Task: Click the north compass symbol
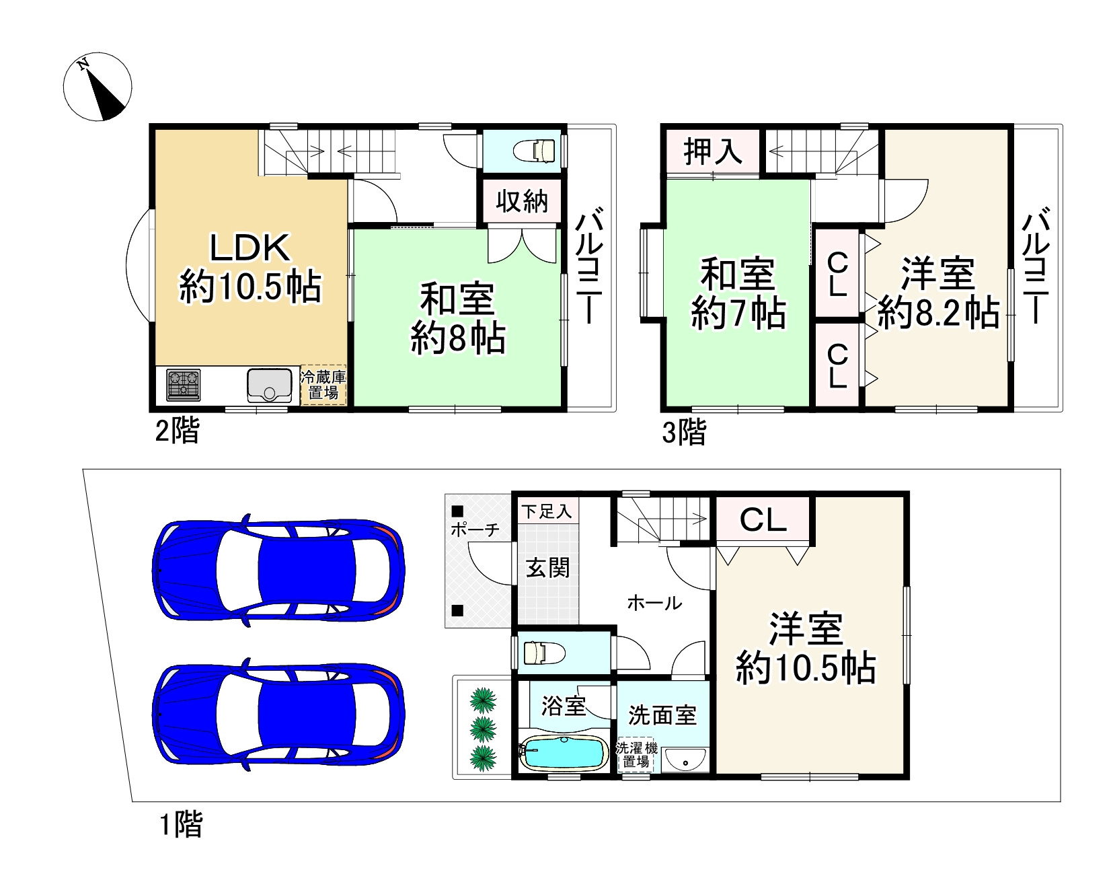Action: click(x=98, y=87)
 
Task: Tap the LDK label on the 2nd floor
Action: click(x=250, y=248)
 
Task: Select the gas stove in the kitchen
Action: click(x=184, y=385)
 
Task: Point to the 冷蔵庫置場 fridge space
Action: click(x=323, y=385)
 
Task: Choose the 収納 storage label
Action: click(x=522, y=201)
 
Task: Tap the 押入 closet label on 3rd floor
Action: click(x=713, y=152)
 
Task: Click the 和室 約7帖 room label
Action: click(x=738, y=293)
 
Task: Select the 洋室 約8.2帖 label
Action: click(x=938, y=293)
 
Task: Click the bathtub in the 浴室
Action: click(x=563, y=754)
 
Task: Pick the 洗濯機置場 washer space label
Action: click(x=636, y=755)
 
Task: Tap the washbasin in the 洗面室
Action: click(x=685, y=760)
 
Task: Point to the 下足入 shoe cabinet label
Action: click(x=547, y=511)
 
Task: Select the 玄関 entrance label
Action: click(x=547, y=568)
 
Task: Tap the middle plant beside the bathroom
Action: click(x=483, y=729)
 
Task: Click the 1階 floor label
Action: click(x=180, y=824)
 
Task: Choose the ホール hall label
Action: click(x=654, y=603)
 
